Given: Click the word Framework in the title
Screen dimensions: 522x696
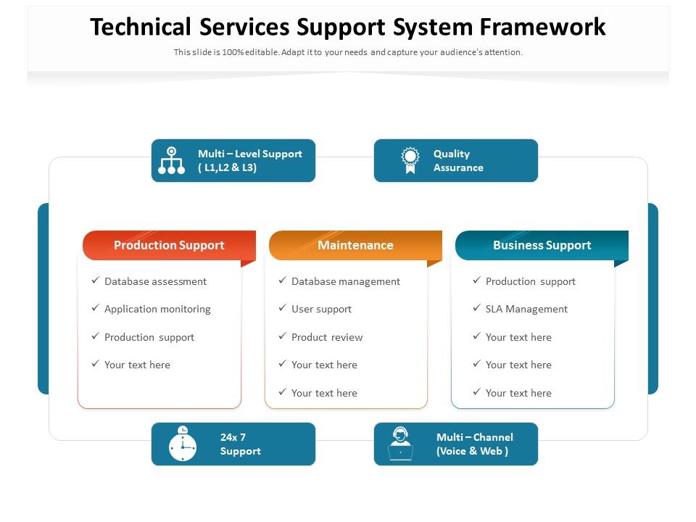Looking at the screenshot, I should coord(542,27).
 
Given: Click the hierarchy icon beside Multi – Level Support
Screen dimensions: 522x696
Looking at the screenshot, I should coord(172,160).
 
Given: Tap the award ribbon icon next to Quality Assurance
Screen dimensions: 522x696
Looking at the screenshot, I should coord(411,160).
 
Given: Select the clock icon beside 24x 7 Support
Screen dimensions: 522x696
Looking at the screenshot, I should coord(183,444).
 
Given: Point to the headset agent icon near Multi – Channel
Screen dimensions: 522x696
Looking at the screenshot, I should coord(400,444).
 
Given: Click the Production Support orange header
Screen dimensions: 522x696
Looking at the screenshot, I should coord(169,245).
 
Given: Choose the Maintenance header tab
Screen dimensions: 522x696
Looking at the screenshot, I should coord(355,245).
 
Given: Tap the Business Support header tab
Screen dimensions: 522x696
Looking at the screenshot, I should coord(542,245).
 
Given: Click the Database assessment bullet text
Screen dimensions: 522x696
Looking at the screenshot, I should coord(155,281).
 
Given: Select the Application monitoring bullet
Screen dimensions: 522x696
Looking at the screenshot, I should coord(157,309).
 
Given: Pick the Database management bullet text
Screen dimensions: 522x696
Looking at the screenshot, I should coord(345,281).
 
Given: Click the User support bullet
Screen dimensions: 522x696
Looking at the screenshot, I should coord(321,309).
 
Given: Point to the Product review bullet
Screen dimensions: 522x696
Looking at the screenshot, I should coord(326,337).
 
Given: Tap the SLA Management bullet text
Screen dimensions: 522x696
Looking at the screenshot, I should coord(526,309).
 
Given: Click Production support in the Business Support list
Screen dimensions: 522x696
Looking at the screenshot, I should coord(530,281).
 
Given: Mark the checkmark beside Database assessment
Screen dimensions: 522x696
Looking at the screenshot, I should coord(95,281).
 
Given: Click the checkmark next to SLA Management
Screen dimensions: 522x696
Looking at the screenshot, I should coord(476,308).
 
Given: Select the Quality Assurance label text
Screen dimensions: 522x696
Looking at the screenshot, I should coord(457,160).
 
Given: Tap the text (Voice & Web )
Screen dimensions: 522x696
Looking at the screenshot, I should coord(472,451).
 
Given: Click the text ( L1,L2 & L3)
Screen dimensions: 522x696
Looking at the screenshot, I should coord(227,167).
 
